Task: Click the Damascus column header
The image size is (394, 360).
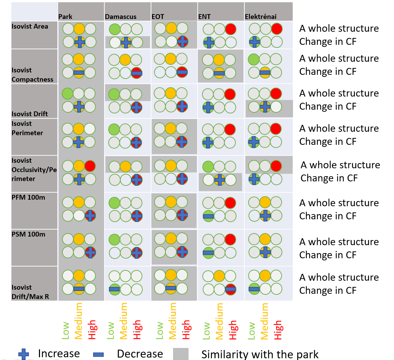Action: pyautogui.click(x=121, y=17)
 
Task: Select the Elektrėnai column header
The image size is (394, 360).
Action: pyautogui.click(x=261, y=17)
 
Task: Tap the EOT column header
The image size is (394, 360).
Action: pyautogui.click(x=158, y=17)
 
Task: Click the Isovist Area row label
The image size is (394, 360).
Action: pyautogui.click(x=30, y=27)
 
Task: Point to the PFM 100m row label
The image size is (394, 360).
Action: pyautogui.click(x=28, y=197)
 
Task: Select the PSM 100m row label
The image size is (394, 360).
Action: pyautogui.click(x=28, y=234)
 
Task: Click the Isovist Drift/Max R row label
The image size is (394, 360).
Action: pyautogui.click(x=30, y=292)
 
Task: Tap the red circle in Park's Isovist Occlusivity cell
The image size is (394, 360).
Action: pyautogui.click(x=90, y=166)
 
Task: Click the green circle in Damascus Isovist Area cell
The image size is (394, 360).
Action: pyautogui.click(x=114, y=29)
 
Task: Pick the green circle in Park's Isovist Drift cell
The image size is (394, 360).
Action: pyautogui.click(x=67, y=93)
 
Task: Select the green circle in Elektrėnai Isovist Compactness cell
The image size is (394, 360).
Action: pyautogui.click(x=254, y=60)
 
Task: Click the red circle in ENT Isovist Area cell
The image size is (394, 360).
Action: pyautogui.click(x=230, y=29)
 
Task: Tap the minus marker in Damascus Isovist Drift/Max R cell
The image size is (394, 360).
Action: pyautogui.click(x=114, y=289)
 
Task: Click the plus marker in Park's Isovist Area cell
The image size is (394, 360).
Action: pyautogui.click(x=80, y=42)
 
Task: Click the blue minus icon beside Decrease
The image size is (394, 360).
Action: pyautogui.click(x=98, y=354)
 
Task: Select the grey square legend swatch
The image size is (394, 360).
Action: pyautogui.click(x=181, y=354)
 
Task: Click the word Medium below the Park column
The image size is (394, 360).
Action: pyautogui.click(x=79, y=321)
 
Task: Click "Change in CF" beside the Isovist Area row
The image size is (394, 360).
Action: pyautogui.click(x=328, y=41)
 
